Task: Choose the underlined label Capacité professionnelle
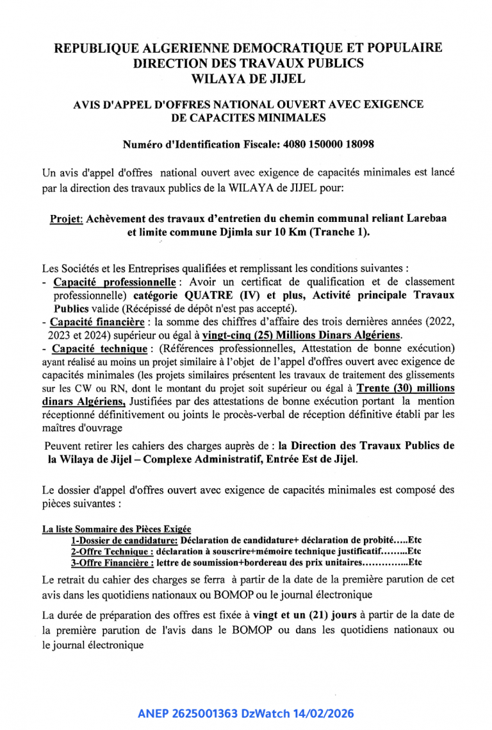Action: pyautogui.click(x=114, y=282)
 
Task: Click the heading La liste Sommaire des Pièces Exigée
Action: pyautogui.click(x=117, y=530)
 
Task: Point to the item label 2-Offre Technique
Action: pyautogui.click(x=111, y=551)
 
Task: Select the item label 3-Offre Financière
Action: pyautogui.click(x=112, y=562)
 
